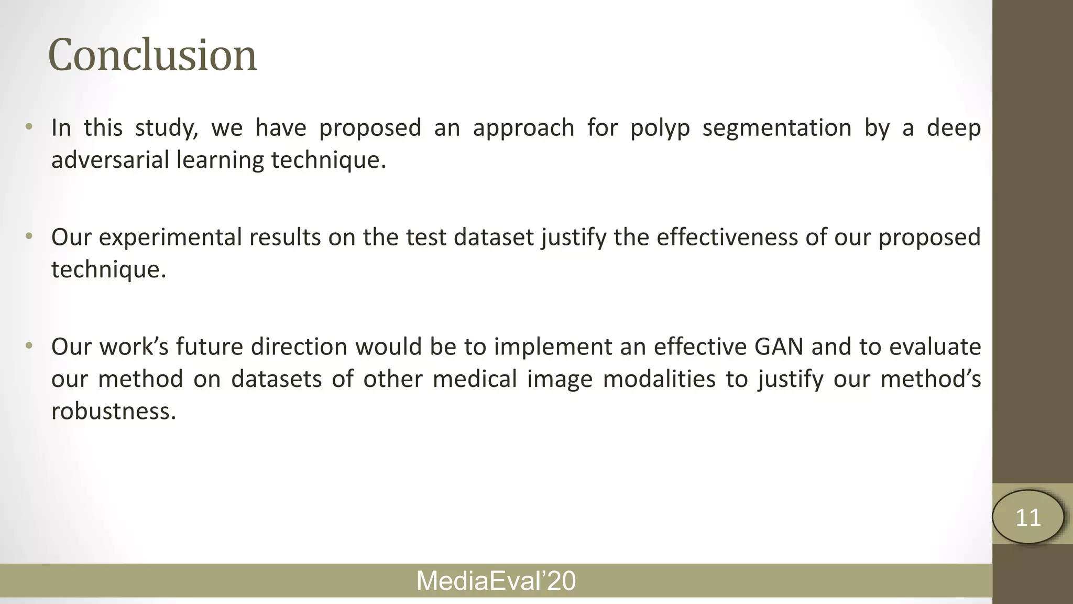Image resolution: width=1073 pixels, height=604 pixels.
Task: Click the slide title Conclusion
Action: click(152, 55)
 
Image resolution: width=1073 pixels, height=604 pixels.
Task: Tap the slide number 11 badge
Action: click(1028, 517)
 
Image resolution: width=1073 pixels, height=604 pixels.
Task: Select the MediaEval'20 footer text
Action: click(496, 581)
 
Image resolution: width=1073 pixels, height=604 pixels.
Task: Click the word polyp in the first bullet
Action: click(660, 128)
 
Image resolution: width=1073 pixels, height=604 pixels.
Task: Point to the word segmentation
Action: click(776, 128)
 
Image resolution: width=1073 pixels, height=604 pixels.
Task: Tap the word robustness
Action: click(113, 411)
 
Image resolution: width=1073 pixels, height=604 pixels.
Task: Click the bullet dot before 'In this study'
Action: click(29, 127)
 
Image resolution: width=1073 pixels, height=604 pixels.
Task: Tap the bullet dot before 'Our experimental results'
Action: click(29, 237)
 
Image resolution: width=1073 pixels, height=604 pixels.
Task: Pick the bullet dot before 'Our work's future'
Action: click(29, 346)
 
